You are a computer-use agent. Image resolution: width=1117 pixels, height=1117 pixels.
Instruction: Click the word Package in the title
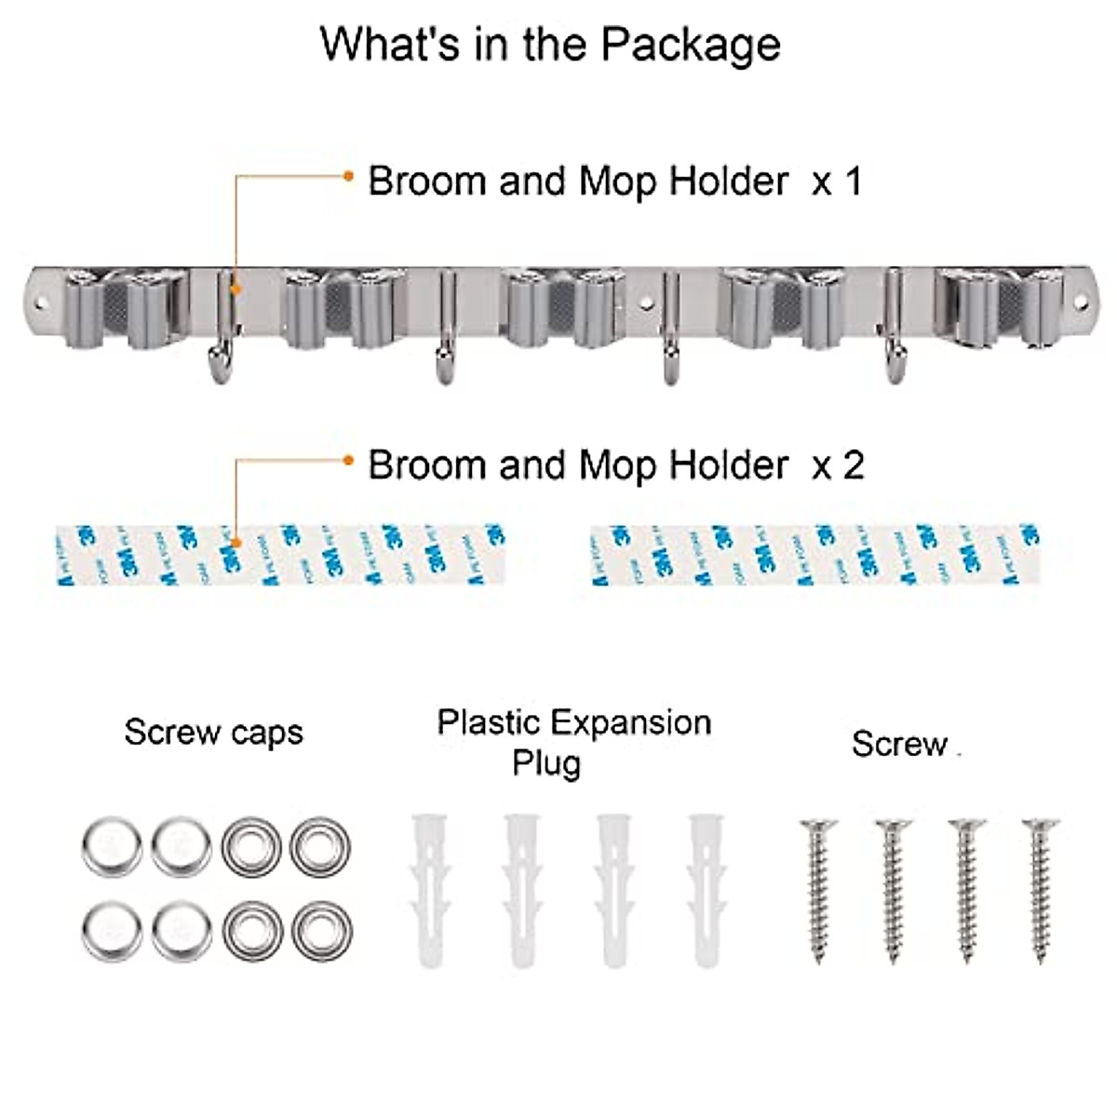tap(690, 45)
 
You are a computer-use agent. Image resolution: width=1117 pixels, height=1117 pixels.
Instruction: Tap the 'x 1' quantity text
tap(838, 182)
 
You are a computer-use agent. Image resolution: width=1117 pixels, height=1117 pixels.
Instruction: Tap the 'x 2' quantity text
tap(838, 464)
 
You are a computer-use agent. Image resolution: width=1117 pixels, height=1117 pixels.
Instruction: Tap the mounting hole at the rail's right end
tap(1082, 303)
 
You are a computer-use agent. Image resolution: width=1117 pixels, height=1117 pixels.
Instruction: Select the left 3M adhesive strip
tap(279, 555)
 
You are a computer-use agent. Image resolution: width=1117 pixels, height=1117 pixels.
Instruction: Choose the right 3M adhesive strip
tap(815, 555)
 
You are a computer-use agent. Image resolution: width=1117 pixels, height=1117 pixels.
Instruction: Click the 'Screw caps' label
tap(214, 733)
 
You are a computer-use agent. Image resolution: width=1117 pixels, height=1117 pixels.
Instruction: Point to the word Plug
tap(546, 763)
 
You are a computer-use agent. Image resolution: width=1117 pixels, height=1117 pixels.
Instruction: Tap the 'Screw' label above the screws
tap(899, 744)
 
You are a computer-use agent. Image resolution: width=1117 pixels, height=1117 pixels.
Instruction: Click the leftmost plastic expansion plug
tap(429, 889)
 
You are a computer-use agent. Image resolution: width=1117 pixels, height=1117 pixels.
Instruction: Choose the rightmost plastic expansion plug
tap(706, 889)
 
